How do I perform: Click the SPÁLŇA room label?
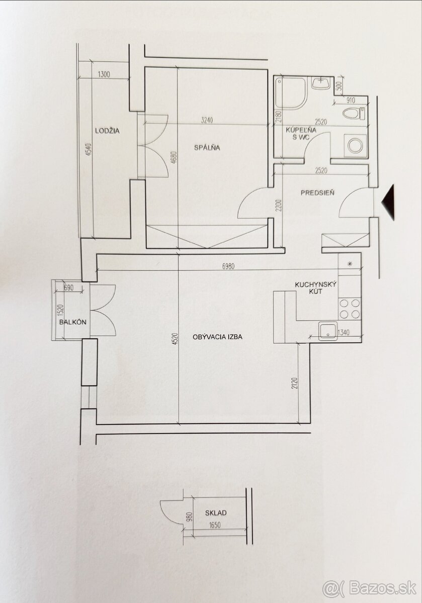(x=207, y=147)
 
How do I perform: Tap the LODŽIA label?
(x=107, y=131)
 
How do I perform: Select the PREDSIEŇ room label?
(x=317, y=193)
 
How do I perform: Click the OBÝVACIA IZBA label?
(x=217, y=337)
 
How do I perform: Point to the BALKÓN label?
(x=73, y=322)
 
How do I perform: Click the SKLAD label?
(x=216, y=513)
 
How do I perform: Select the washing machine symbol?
(x=355, y=145)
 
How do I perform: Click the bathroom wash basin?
(x=321, y=83)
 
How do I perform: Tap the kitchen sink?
(x=327, y=331)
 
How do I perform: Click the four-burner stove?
(x=350, y=309)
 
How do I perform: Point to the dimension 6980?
(x=228, y=266)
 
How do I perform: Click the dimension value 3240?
(x=207, y=120)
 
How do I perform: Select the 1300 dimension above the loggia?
(x=104, y=74)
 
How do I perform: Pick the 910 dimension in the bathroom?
(x=350, y=100)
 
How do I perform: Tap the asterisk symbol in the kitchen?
(x=350, y=264)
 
